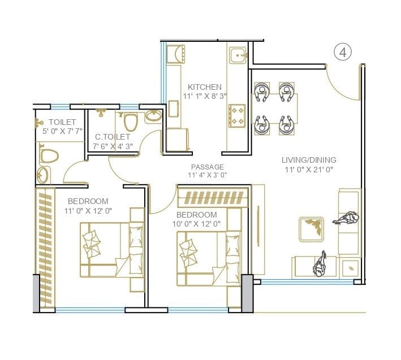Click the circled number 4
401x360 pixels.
pos(343,53)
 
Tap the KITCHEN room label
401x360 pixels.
pos(205,87)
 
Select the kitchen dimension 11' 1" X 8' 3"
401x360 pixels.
pos(205,97)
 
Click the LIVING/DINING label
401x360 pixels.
pos(309,160)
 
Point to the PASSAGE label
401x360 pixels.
pos(207,167)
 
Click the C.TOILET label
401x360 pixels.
pos(113,137)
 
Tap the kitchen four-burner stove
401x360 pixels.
pos(236,116)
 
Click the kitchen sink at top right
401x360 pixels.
pos(237,55)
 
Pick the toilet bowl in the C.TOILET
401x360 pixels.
pos(131,122)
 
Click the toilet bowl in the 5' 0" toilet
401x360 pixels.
pos(49,155)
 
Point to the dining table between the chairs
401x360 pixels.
pos(273,109)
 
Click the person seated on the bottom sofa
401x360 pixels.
pos(320,263)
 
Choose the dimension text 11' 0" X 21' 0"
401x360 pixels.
pos(309,169)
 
